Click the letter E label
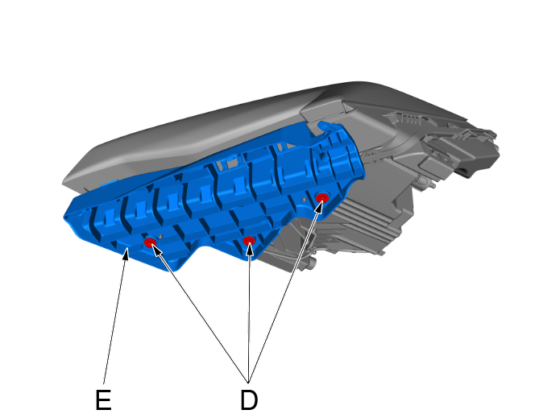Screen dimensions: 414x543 [x=103, y=400]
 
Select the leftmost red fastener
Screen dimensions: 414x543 [x=150, y=242]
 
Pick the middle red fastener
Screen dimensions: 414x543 [x=249, y=241]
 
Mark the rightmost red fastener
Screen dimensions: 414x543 [x=321, y=197]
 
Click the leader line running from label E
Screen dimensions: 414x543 [x=115, y=314]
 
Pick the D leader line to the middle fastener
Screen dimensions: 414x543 [x=250, y=314]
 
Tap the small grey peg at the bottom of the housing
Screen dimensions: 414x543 [x=313, y=261]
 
